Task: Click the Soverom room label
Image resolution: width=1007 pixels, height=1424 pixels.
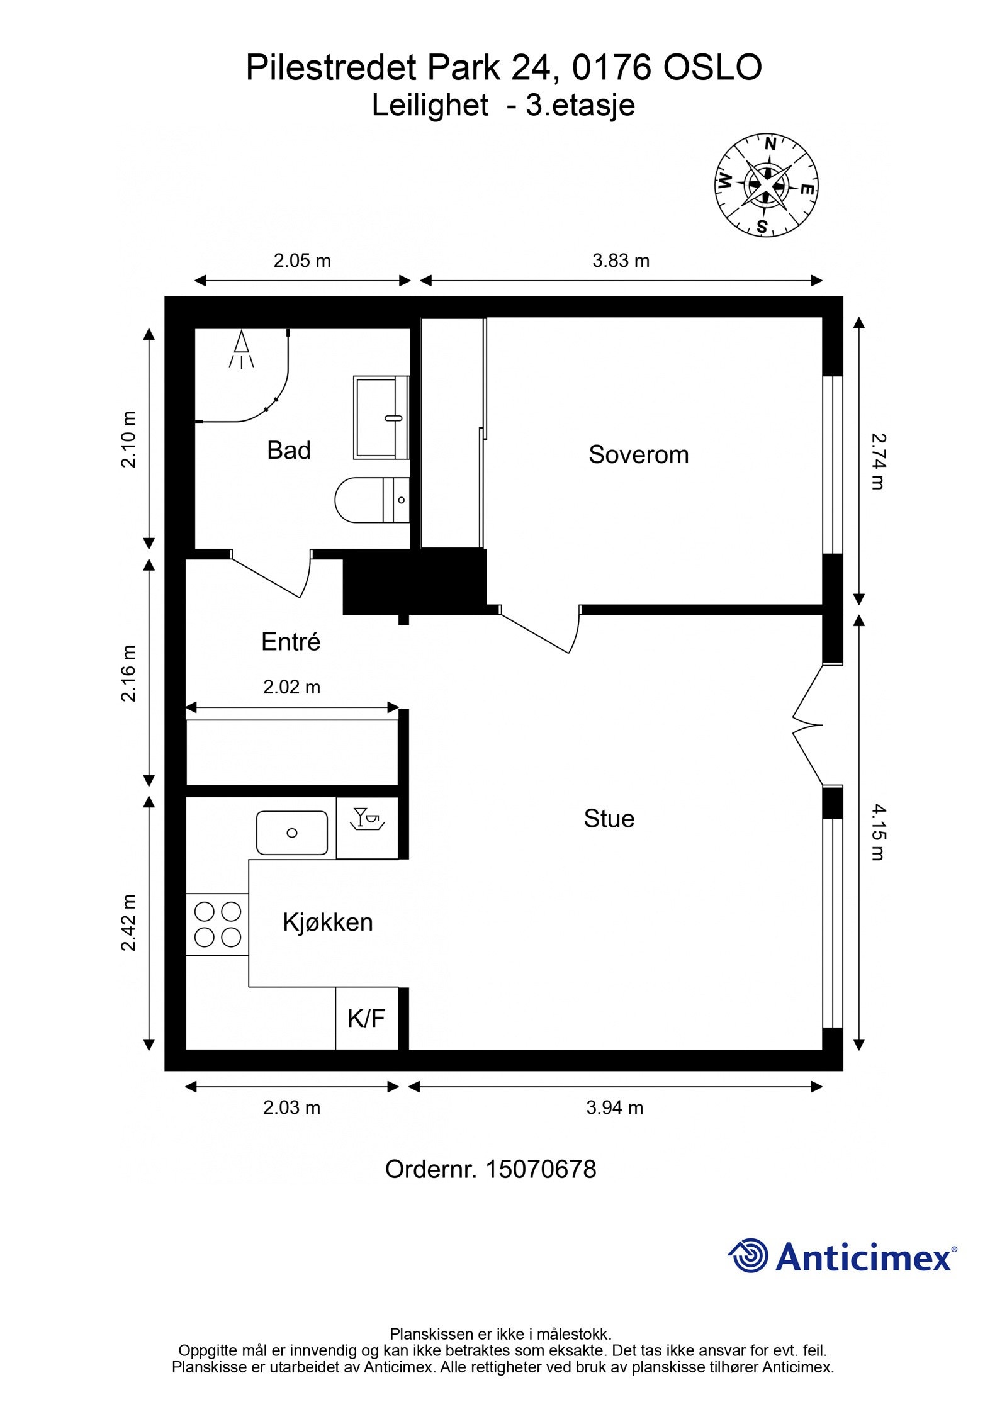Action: [638, 454]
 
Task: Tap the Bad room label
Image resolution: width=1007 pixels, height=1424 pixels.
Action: [289, 451]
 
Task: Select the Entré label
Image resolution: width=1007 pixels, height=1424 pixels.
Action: [291, 642]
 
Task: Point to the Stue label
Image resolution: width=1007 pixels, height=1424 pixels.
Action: [609, 819]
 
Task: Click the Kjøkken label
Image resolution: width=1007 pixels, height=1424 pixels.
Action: [327, 922]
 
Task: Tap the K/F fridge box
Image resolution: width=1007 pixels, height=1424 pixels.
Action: [367, 1018]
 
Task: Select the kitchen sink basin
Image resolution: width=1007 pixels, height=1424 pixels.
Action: [292, 833]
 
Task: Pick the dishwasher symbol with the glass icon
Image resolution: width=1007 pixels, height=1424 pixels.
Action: [368, 827]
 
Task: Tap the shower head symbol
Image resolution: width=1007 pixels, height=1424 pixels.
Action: [241, 350]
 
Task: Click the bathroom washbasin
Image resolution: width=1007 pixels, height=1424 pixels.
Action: [381, 417]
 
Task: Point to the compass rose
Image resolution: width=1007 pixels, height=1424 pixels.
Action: [766, 185]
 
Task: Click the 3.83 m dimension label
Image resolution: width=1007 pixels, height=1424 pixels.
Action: [621, 261]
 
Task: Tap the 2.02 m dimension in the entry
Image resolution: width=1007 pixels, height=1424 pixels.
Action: [291, 687]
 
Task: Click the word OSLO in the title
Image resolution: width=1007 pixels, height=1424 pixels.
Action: [712, 67]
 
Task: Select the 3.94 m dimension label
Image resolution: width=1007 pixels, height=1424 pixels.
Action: [615, 1107]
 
